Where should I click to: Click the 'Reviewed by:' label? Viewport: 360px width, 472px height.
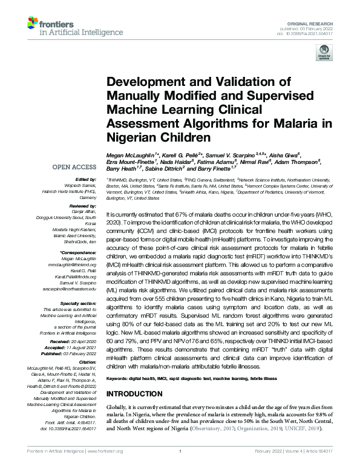coord(85,206)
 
